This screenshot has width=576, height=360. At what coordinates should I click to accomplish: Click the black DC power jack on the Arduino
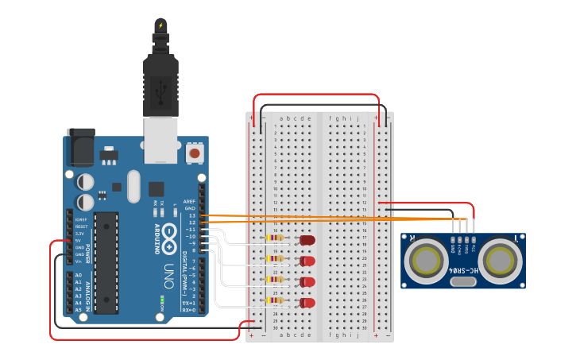click(x=80, y=147)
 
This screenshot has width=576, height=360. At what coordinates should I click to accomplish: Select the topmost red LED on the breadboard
click(x=307, y=240)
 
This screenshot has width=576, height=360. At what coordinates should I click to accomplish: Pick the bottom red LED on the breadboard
click(x=307, y=302)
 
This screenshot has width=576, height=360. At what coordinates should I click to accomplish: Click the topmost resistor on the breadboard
click(x=275, y=238)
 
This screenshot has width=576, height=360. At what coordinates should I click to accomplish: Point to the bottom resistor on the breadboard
click(x=275, y=300)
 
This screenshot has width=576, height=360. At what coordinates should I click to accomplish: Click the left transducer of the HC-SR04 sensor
click(x=425, y=259)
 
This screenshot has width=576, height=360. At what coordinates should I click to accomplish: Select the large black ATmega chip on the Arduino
click(x=106, y=262)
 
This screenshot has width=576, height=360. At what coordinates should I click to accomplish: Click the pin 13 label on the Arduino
click(x=191, y=215)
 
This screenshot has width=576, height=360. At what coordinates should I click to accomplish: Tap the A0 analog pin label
click(x=79, y=275)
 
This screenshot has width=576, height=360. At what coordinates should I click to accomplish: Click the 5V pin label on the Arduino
click(x=79, y=241)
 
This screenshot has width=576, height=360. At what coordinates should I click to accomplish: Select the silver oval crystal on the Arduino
click(x=133, y=187)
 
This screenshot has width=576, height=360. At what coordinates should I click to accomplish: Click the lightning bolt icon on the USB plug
click(x=161, y=25)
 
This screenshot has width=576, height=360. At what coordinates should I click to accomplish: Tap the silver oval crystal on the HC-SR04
click(x=463, y=281)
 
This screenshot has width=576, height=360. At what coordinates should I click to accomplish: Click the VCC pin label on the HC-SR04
click(x=474, y=247)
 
